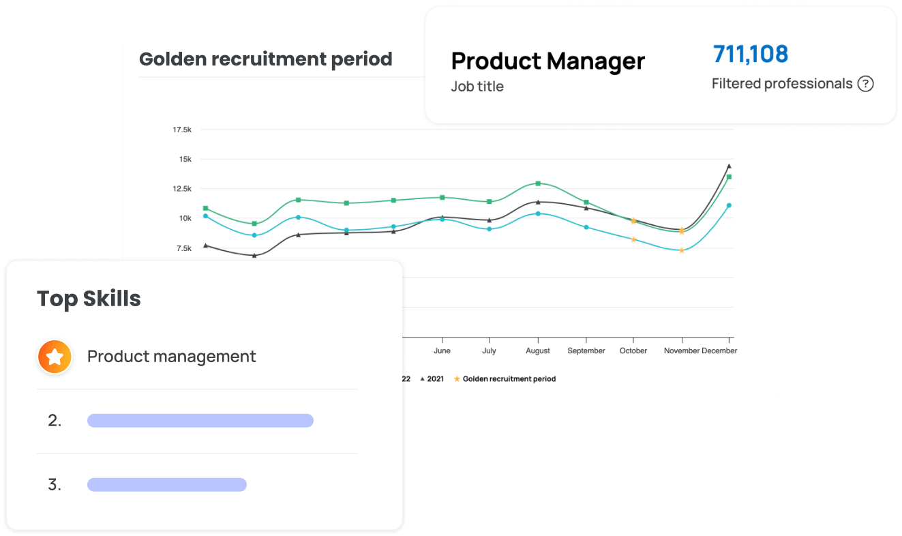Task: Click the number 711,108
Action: click(x=751, y=54)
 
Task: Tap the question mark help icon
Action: click(x=865, y=84)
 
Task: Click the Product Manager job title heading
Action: click(x=547, y=61)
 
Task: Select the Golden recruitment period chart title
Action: click(x=265, y=59)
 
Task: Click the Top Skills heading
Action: click(x=89, y=299)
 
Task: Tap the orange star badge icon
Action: click(x=55, y=357)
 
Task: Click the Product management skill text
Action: click(x=171, y=357)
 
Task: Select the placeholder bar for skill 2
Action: click(x=200, y=421)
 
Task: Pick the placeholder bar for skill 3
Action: click(x=166, y=485)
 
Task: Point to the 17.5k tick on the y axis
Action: click(x=181, y=130)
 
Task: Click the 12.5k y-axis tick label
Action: click(x=181, y=189)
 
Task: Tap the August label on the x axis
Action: click(x=538, y=351)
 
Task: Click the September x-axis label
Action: click(x=586, y=351)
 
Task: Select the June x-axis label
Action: click(x=442, y=351)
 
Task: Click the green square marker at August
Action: click(x=538, y=183)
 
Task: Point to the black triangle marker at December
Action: click(x=729, y=166)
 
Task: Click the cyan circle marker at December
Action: click(x=729, y=205)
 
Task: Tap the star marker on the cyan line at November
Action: click(x=681, y=250)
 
